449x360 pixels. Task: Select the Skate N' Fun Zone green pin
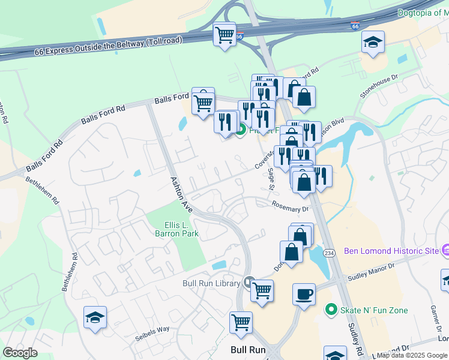tap(330, 310)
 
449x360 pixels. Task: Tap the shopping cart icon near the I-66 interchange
tap(225, 35)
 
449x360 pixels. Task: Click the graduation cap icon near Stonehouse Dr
tap(373, 42)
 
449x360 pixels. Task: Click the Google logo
tap(20, 353)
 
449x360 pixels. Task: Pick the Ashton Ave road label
tap(181, 194)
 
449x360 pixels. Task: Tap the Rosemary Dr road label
tap(289, 206)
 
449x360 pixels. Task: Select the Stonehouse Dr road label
tap(379, 86)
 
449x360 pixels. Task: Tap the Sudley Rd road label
tap(355, 338)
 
